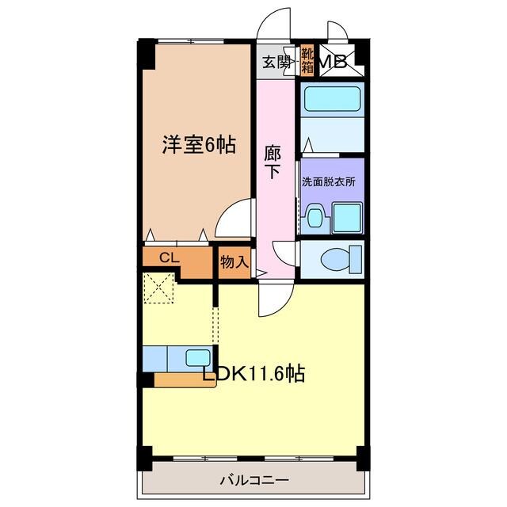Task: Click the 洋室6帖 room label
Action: (x=198, y=145)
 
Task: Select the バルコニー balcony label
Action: (x=253, y=480)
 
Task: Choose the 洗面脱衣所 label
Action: (x=328, y=181)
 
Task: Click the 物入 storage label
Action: (x=234, y=261)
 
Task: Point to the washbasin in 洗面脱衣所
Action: (x=316, y=217)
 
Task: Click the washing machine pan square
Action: (x=347, y=215)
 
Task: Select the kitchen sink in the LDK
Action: (x=197, y=357)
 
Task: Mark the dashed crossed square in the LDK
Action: (x=158, y=287)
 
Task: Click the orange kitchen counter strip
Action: (x=185, y=379)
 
